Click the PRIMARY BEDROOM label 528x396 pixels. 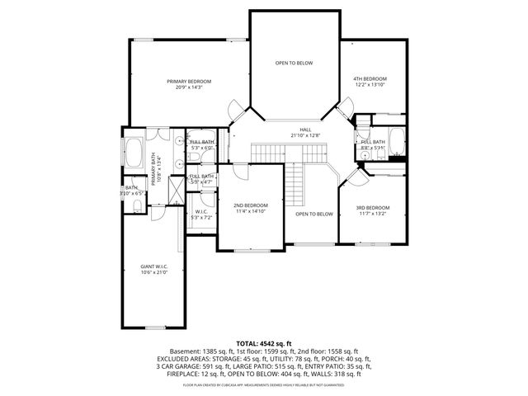(x=189, y=81)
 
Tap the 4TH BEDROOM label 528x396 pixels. (x=370, y=78)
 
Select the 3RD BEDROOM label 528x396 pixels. (x=372, y=207)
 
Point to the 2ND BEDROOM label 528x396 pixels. (x=250, y=205)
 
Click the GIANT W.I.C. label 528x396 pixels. (x=153, y=266)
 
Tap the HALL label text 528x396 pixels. (x=304, y=130)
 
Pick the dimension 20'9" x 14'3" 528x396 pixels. (x=189, y=87)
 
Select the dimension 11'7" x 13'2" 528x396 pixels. (x=372, y=214)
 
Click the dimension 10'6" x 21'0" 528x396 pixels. (x=153, y=273)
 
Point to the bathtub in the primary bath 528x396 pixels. (x=134, y=153)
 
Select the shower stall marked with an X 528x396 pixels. (x=175, y=191)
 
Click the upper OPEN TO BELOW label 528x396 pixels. (x=294, y=63)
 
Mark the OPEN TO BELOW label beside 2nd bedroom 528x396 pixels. (x=313, y=214)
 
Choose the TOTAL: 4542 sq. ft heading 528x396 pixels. (x=264, y=342)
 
